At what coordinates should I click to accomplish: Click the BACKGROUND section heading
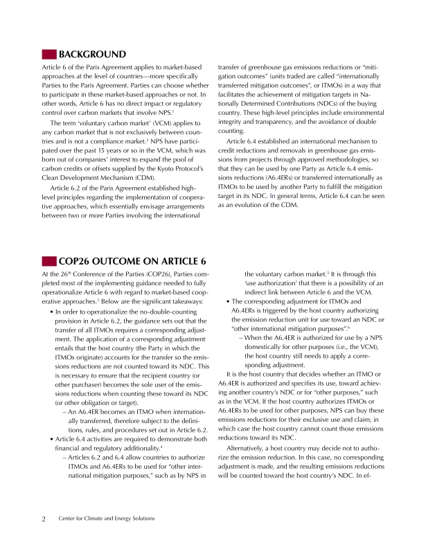click(x=92, y=54)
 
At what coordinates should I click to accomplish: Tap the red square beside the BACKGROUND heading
click(x=49, y=54)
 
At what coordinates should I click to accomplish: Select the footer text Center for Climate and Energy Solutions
click(x=107, y=518)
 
